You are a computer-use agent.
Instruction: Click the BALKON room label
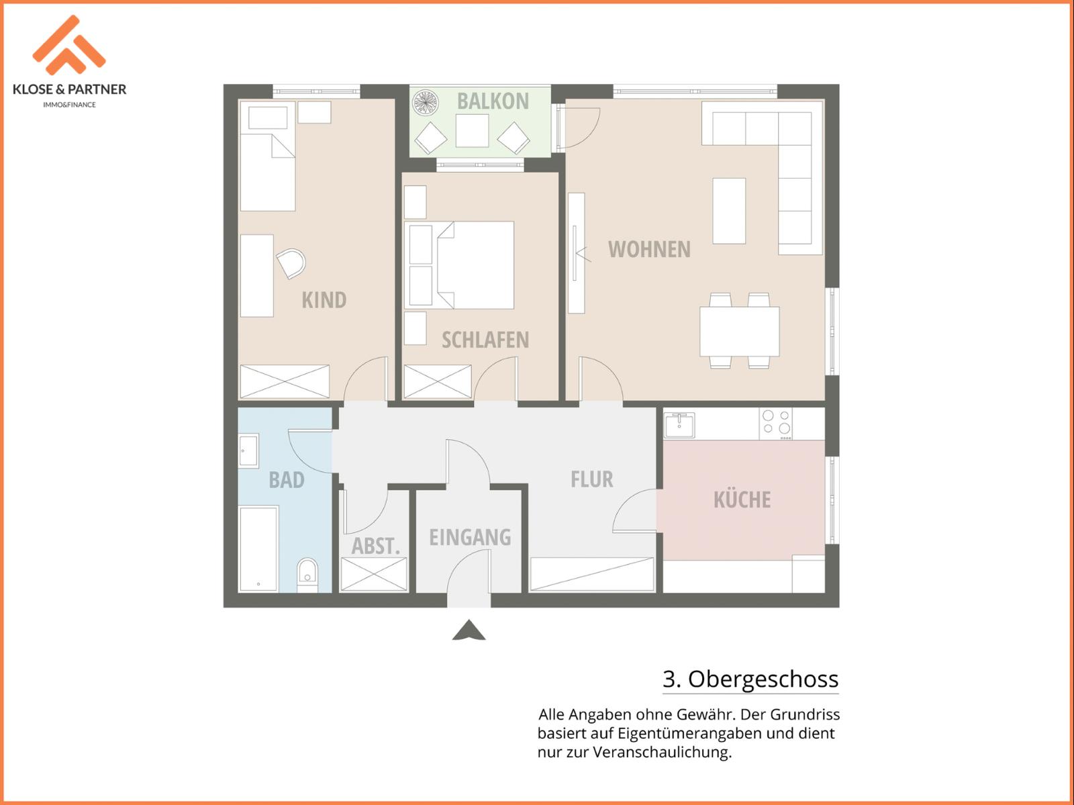[493, 101]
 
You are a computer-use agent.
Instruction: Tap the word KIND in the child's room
[324, 300]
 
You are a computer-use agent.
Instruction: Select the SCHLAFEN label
[485, 340]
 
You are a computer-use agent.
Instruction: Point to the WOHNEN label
[649, 250]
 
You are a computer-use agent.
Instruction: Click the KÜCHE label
[742, 500]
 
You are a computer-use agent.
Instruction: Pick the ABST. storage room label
[376, 546]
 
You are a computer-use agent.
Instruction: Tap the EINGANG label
[470, 537]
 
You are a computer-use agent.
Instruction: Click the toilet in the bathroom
[307, 575]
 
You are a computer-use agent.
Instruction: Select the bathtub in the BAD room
[258, 549]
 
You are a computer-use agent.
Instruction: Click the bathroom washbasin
[248, 451]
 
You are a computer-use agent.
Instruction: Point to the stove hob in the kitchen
[776, 423]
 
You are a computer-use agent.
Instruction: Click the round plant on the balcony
[425, 103]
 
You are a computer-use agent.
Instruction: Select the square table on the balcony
[472, 131]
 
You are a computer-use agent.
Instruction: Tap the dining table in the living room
[739, 331]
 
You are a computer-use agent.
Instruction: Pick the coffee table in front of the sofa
[729, 211]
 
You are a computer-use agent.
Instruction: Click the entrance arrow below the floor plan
[469, 630]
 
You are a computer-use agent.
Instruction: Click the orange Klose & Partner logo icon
[69, 44]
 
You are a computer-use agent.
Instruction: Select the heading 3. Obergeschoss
[750, 679]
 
